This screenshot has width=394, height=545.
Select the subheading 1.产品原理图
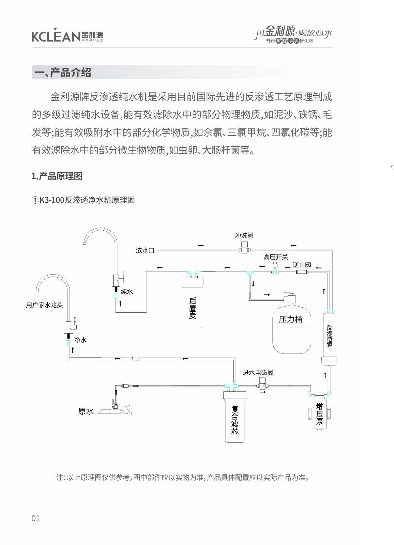pos(57,176)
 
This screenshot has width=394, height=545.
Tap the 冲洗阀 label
pos(244,235)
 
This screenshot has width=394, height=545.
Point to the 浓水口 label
pos(145,250)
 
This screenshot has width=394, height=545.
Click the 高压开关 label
pos(275,257)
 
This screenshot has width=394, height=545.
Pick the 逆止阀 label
pos(302,265)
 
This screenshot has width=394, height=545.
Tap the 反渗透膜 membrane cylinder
pos(329,337)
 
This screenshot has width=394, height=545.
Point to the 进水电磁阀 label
pos(258,373)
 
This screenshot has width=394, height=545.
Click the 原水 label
pos(86,411)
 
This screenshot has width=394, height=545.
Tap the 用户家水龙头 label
pos(44,305)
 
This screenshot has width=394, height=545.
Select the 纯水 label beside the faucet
pos(127,292)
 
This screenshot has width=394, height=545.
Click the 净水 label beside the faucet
pos(80,340)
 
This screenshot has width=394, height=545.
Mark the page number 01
pos(35,518)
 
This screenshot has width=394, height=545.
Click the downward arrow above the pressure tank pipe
pos(253,283)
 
